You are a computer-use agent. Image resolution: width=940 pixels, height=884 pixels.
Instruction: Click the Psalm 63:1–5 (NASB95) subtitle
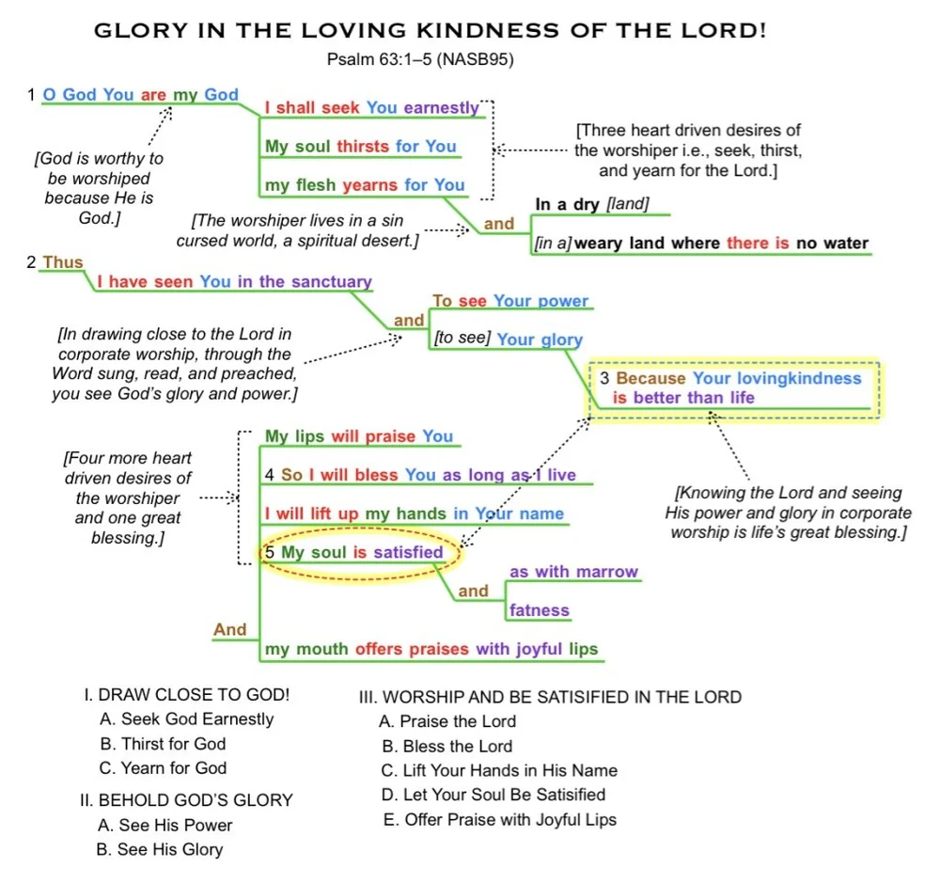(420, 60)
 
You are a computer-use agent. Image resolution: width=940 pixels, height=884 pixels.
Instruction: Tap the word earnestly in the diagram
(441, 108)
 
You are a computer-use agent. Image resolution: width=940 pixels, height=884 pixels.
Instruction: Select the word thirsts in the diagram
(363, 147)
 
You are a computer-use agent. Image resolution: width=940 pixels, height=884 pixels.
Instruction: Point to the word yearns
(370, 185)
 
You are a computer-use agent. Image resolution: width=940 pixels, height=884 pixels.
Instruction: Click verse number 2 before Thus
(33, 262)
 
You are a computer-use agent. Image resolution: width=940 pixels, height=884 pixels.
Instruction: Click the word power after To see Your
(562, 301)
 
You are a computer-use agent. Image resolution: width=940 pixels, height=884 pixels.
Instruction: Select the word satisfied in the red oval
(407, 552)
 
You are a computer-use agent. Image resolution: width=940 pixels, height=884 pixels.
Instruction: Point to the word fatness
(539, 610)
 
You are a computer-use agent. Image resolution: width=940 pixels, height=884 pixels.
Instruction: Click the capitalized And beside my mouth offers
(230, 629)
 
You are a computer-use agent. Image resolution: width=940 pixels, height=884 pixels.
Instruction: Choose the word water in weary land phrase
(845, 244)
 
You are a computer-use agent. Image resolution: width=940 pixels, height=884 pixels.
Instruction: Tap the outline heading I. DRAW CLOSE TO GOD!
(186, 696)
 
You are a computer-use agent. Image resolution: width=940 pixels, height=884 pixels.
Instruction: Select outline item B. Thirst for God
(164, 744)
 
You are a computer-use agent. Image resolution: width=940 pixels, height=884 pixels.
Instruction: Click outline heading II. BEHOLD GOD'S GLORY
(186, 800)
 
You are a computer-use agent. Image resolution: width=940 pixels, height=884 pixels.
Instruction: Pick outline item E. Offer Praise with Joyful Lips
(500, 819)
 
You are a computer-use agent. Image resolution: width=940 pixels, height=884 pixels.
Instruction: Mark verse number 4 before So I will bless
(270, 476)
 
